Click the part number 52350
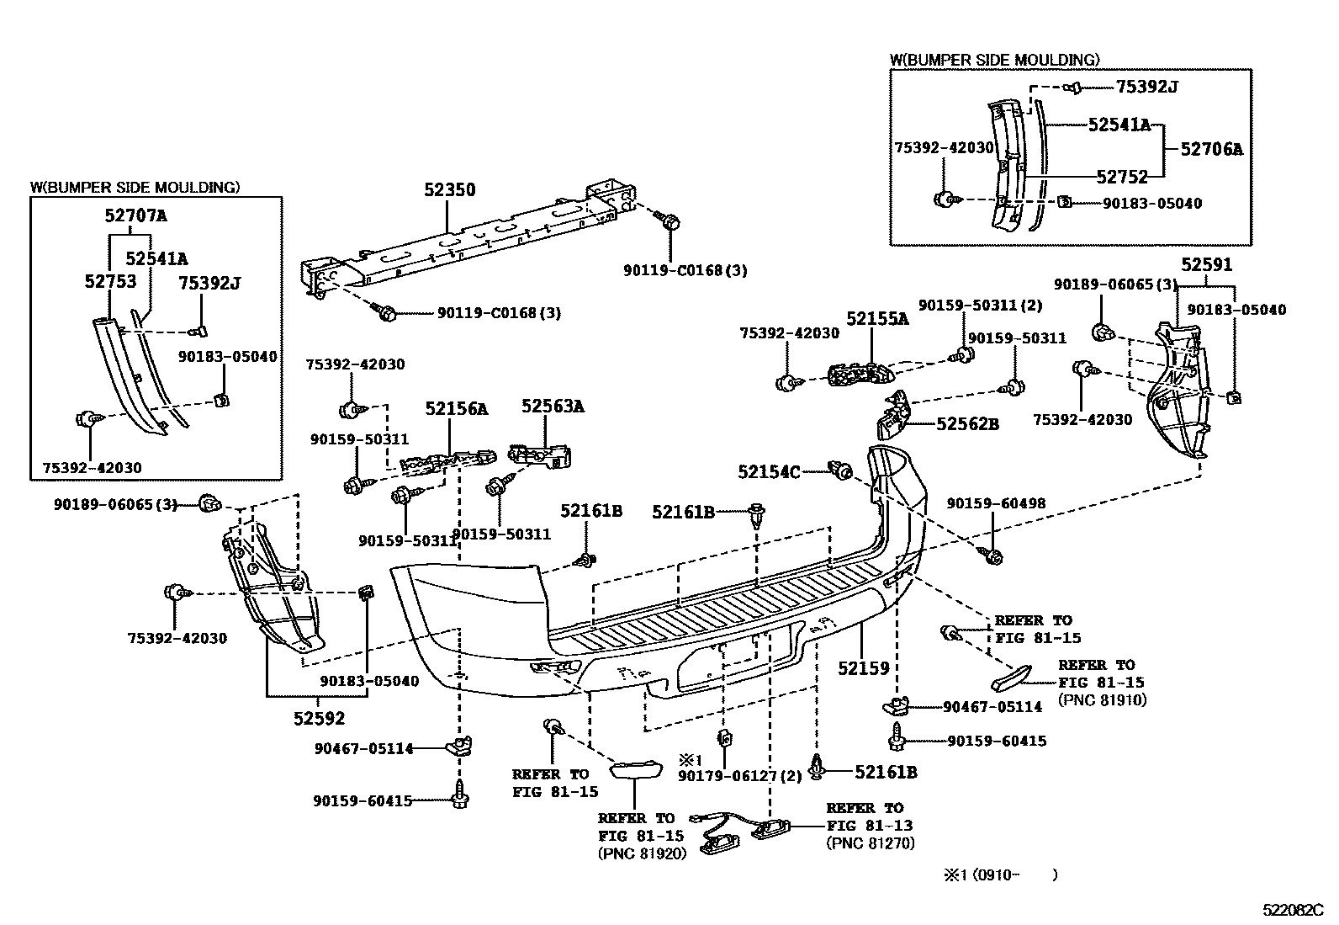click(x=449, y=190)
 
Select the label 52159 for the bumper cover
click(x=863, y=668)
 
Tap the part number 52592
click(x=319, y=718)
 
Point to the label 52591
click(x=1206, y=265)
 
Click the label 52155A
click(x=877, y=319)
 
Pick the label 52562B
click(x=967, y=424)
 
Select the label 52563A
click(x=552, y=407)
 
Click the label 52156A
click(x=456, y=409)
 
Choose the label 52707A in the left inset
click(x=135, y=215)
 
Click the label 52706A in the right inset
click(x=1211, y=150)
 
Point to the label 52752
click(x=1122, y=177)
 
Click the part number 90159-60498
click(x=996, y=503)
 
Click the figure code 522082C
click(x=1293, y=911)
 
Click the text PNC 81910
click(x=1102, y=699)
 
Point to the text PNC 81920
click(x=642, y=853)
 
